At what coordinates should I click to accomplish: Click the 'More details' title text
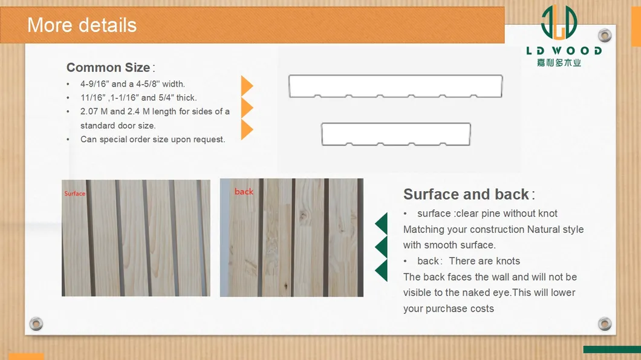click(82, 25)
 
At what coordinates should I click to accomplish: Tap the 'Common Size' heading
click(108, 68)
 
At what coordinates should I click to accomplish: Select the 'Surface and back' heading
click(466, 194)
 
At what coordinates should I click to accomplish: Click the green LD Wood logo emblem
click(559, 22)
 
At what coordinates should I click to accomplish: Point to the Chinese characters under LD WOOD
click(559, 62)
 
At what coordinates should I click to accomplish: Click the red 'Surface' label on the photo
click(75, 194)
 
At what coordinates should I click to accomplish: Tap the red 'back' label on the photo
click(244, 191)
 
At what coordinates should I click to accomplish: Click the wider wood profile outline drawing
click(395, 75)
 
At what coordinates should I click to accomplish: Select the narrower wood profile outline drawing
click(395, 123)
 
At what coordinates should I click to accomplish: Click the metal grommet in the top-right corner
click(605, 36)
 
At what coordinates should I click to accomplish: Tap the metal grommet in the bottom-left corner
click(36, 324)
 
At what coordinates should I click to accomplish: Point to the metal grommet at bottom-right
click(605, 324)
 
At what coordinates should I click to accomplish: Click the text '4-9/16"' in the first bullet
click(94, 84)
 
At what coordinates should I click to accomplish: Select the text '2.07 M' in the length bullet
click(94, 111)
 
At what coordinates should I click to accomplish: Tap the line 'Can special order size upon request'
click(152, 140)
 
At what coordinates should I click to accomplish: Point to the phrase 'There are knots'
click(484, 261)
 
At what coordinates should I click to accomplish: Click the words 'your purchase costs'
click(449, 309)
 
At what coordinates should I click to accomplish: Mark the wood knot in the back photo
click(303, 216)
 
